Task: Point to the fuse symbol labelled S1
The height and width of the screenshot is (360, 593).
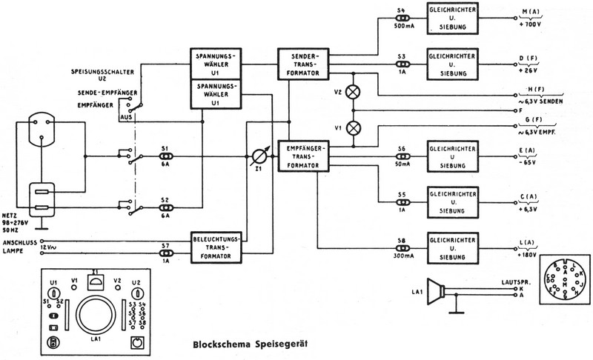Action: (x=166, y=156)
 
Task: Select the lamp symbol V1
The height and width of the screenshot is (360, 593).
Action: (x=354, y=127)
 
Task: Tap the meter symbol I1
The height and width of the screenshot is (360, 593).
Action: (x=257, y=157)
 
